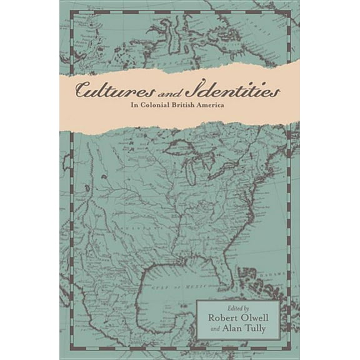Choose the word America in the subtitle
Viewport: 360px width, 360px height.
[227, 106]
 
